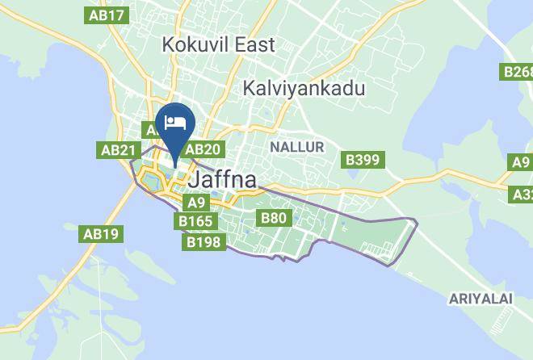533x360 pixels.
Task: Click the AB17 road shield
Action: (x=107, y=15)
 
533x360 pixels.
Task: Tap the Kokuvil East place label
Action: (x=218, y=44)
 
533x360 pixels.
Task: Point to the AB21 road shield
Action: (x=118, y=150)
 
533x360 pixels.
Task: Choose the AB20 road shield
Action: (x=202, y=149)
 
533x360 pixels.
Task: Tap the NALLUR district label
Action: (x=296, y=147)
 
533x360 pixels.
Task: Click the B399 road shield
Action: (x=363, y=160)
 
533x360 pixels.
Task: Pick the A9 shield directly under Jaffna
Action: (x=196, y=203)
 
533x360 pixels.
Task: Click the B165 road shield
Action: (x=195, y=220)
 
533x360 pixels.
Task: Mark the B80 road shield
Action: (x=273, y=217)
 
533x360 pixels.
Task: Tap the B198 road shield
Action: (x=204, y=241)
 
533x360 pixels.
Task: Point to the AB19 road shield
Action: (x=101, y=234)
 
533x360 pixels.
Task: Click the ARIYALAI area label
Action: (x=481, y=299)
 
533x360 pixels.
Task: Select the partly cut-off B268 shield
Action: (x=518, y=73)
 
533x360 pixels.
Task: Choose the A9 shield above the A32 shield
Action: (x=522, y=163)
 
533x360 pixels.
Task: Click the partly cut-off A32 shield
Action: (x=522, y=195)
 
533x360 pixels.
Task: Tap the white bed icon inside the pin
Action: (x=175, y=122)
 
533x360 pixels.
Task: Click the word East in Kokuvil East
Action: (x=254, y=44)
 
